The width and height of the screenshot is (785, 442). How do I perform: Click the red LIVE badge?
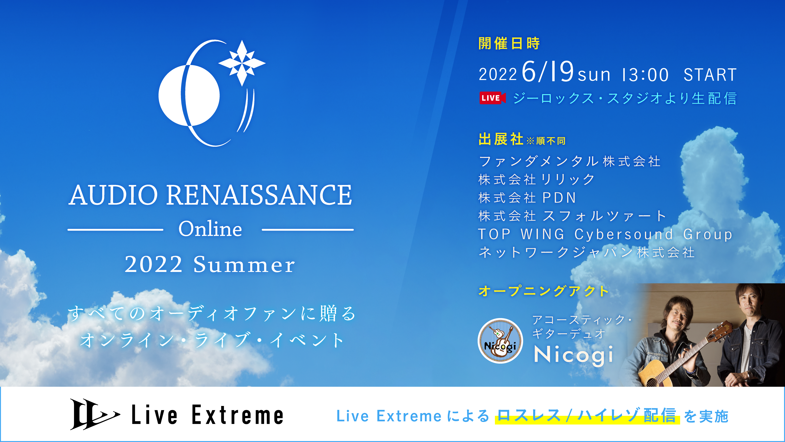pyautogui.click(x=492, y=98)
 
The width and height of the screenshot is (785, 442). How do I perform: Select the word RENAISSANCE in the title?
pyautogui.click(x=259, y=195)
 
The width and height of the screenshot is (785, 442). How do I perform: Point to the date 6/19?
pyautogui.click(x=548, y=72)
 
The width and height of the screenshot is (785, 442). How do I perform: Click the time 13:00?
pyautogui.click(x=645, y=75)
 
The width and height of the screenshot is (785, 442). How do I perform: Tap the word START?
pyautogui.click(x=710, y=75)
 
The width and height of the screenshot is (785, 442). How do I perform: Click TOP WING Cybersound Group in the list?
pyautogui.click(x=605, y=234)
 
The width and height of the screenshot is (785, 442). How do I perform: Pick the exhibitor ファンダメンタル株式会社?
pyautogui.click(x=570, y=161)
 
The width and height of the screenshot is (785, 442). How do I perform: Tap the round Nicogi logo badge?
pyautogui.click(x=500, y=341)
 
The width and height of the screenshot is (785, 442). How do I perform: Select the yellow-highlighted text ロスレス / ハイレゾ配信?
pyautogui.click(x=587, y=416)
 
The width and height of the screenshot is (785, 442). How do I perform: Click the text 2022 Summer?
pyautogui.click(x=210, y=264)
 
